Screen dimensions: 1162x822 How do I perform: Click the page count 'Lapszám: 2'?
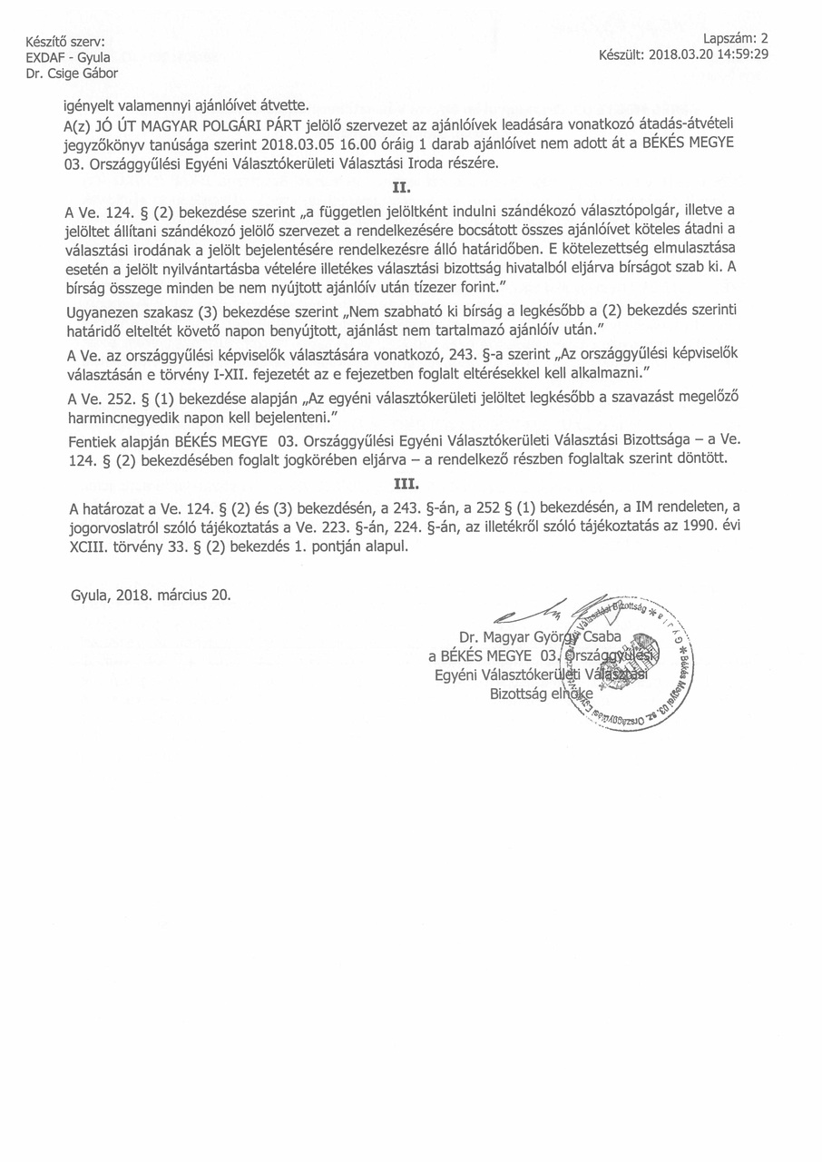(x=736, y=38)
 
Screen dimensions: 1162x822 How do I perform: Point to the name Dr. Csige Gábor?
(x=72, y=73)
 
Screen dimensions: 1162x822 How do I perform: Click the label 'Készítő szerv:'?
(x=65, y=42)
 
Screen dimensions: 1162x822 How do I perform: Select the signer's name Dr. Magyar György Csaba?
(x=539, y=636)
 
